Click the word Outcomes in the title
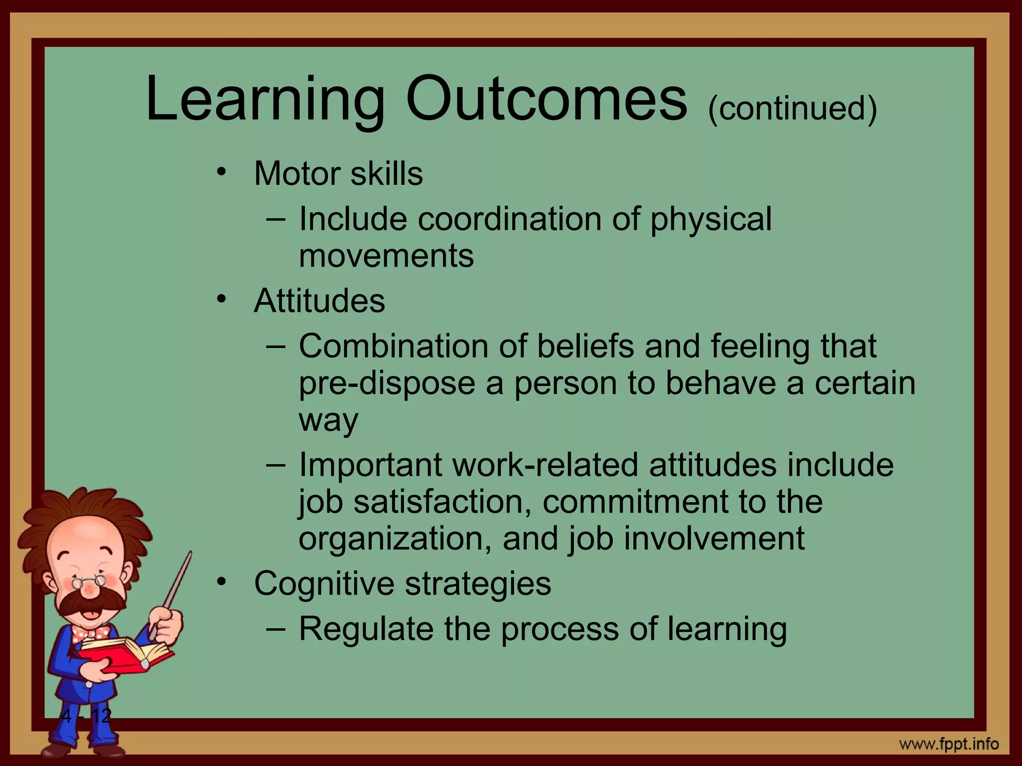click(x=546, y=99)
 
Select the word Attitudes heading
click(x=319, y=301)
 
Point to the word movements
click(x=386, y=256)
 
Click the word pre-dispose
click(x=387, y=383)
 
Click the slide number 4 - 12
click(x=86, y=716)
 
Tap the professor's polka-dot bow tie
click(x=90, y=634)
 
